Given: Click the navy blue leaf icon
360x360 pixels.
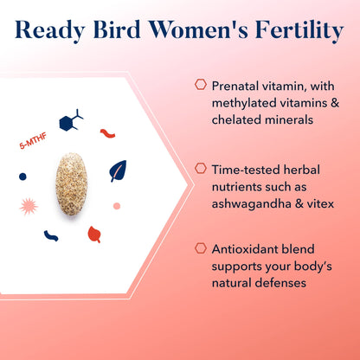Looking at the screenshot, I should click(118, 171).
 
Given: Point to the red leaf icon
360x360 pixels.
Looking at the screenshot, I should click(93, 234).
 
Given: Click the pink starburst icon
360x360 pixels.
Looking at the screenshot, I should click(29, 206).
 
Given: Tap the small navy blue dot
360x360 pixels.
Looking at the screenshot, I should click(22, 176).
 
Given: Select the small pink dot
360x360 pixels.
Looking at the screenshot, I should click(117, 206).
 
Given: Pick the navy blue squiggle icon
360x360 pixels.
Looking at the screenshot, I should click(51, 235).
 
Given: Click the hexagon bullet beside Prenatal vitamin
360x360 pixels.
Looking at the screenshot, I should click(200, 85).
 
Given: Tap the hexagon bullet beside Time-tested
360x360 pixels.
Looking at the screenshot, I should click(200, 168).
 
